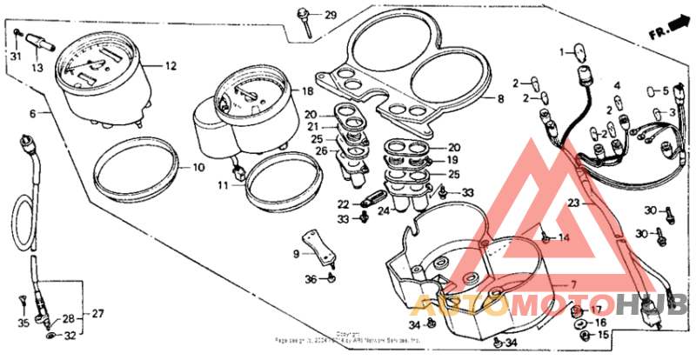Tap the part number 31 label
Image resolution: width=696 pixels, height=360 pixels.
click(x=15, y=57)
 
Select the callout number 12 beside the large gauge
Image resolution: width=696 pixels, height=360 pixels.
click(x=171, y=65)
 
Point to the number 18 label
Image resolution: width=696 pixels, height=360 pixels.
click(x=307, y=91)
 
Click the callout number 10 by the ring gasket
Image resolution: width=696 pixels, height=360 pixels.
click(x=198, y=166)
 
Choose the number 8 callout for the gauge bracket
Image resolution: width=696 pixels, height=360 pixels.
click(x=500, y=99)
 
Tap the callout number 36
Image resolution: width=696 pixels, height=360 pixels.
click(x=311, y=279)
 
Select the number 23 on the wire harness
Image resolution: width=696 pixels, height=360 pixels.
click(x=572, y=202)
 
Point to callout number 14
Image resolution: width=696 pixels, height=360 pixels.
click(x=564, y=237)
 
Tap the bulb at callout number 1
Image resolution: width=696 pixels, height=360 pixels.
click(x=580, y=63)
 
